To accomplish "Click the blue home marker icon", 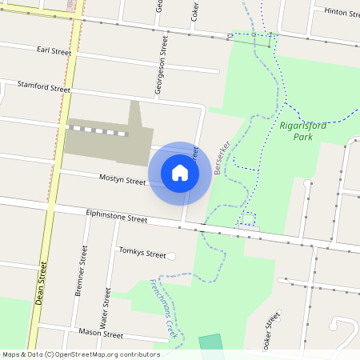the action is (180, 172).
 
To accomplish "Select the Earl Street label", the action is (54, 51).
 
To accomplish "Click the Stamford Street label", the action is (44, 87).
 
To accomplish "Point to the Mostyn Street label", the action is (122, 179).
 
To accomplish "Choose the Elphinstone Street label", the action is (117, 218).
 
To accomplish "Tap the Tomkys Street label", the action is (142, 253).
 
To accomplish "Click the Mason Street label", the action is (102, 334).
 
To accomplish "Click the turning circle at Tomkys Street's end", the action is (171, 256).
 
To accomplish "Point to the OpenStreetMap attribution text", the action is (81, 354).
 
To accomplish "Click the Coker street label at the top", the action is (195, 10).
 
